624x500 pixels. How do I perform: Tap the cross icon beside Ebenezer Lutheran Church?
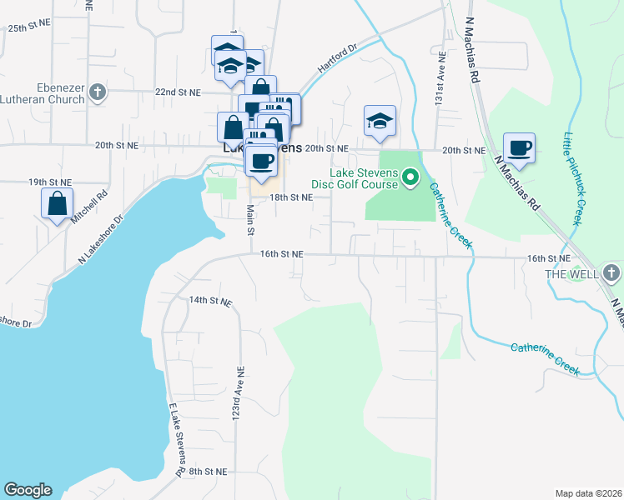point(98,92)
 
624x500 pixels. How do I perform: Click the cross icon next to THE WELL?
point(611,272)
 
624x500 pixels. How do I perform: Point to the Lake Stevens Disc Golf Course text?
point(365,179)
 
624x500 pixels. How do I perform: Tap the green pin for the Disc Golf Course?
point(410,177)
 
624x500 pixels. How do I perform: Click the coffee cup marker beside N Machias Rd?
point(520,147)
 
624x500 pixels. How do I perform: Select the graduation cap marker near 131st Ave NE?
point(380,121)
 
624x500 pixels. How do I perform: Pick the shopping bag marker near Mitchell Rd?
point(57,203)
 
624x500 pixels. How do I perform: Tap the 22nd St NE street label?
point(176,92)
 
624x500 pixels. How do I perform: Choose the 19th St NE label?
point(50,181)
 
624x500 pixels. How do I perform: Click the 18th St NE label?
point(290,197)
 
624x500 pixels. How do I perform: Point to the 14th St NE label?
point(209,299)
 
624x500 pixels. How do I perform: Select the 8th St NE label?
point(208,472)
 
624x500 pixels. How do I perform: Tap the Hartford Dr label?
point(337,58)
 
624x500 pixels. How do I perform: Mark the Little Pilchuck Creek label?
point(572,178)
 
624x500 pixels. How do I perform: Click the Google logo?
point(28,490)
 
